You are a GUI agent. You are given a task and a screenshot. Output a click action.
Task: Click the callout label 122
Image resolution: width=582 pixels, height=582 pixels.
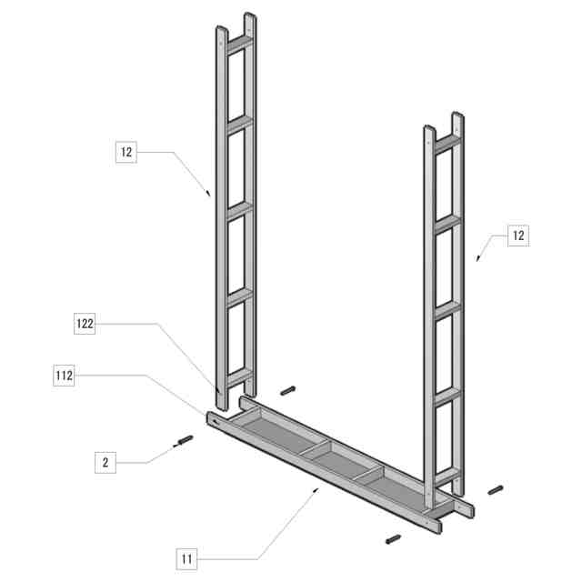(x=85, y=323)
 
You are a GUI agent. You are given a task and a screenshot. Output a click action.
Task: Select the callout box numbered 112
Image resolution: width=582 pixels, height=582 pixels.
(x=64, y=374)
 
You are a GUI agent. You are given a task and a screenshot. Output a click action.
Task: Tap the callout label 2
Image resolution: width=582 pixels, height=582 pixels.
(x=105, y=463)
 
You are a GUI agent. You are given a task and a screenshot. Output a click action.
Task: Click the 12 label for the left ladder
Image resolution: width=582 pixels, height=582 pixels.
(x=126, y=152)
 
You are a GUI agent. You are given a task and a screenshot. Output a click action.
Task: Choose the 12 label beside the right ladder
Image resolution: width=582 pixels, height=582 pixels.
(x=517, y=236)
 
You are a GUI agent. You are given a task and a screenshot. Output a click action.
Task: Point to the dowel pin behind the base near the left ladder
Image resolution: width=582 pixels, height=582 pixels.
(x=288, y=390)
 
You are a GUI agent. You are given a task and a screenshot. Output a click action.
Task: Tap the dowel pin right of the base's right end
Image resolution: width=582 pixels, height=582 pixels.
(x=495, y=490)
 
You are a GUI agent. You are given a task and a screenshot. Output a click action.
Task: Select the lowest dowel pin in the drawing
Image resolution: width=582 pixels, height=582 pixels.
(x=395, y=538)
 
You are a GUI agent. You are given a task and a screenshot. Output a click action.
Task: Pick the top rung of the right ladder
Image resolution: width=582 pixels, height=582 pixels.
(x=447, y=143)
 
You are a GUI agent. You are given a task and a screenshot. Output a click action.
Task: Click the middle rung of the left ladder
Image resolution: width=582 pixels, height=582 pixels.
(x=239, y=209)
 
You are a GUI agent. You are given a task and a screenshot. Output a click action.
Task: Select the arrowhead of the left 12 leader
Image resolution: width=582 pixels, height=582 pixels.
(x=210, y=193)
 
